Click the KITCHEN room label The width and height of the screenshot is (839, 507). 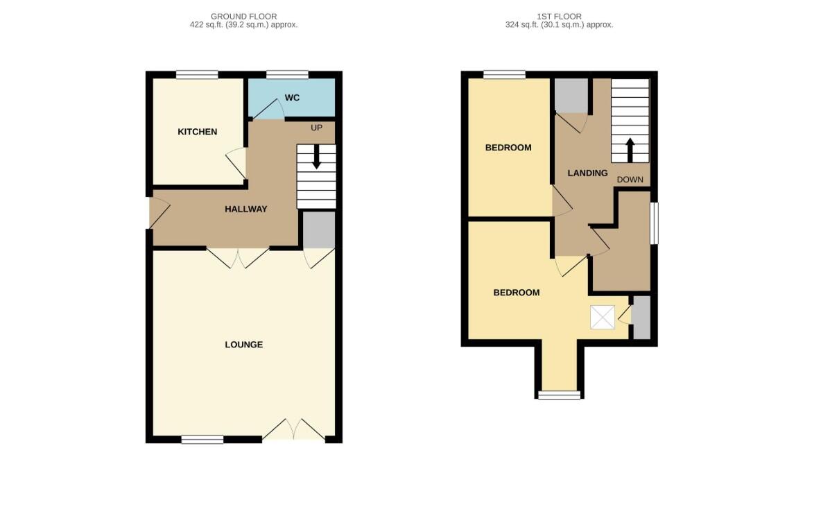(198, 132)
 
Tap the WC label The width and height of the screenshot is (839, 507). (292, 98)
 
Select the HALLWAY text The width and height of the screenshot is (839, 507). (245, 209)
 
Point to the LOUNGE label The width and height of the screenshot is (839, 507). (243, 345)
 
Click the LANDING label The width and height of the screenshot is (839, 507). (587, 173)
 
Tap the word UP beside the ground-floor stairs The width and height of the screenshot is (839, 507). (316, 128)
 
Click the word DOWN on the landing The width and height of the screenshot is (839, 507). (630, 180)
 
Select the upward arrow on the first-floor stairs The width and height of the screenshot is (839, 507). (630, 148)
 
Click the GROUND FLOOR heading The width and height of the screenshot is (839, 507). (243, 16)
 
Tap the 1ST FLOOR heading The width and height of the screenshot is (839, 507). (559, 16)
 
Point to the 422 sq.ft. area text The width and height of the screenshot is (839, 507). (243, 25)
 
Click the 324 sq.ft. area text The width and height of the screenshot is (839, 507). (559, 25)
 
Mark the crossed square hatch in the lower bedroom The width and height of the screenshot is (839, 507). (602, 318)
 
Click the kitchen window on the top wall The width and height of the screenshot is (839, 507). (197, 75)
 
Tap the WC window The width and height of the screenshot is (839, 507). (287, 75)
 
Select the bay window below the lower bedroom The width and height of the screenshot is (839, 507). (559, 395)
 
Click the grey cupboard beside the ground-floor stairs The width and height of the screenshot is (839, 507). (319, 230)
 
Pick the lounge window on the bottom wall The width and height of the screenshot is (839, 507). (202, 439)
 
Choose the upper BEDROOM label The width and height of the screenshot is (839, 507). (508, 148)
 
